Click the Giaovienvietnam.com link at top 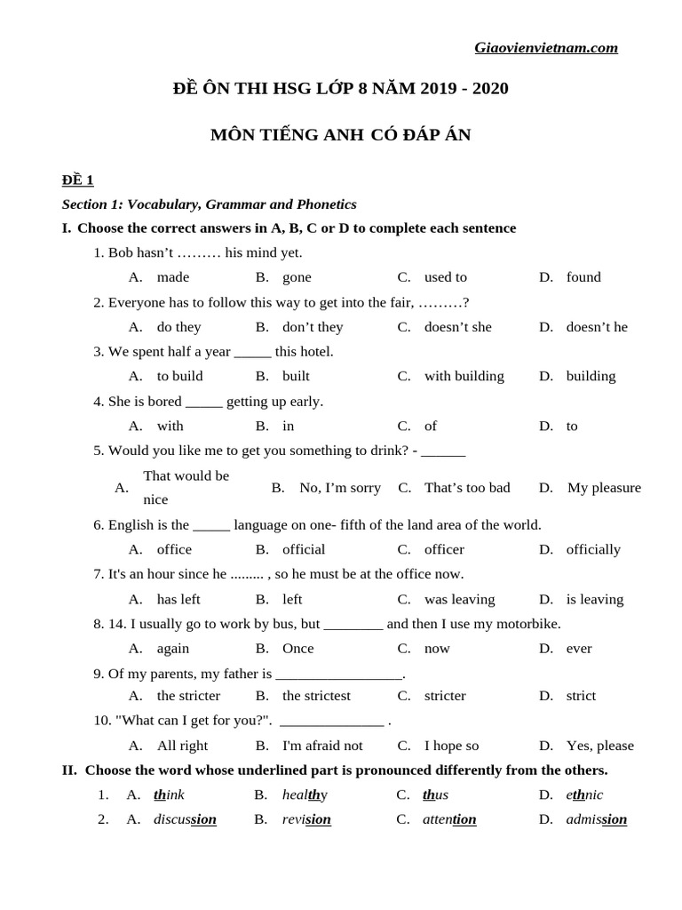546,48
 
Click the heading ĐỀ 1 77,180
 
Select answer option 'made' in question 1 172,277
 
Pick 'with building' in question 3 464,376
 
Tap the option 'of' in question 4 431,426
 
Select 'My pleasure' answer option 603,488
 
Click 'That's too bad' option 467,488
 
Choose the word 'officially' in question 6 593,549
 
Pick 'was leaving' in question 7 459,599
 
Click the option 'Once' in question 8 297,649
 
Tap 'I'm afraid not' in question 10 322,746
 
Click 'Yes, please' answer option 599,746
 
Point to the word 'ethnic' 584,794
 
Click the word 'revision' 306,819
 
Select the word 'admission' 596,819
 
